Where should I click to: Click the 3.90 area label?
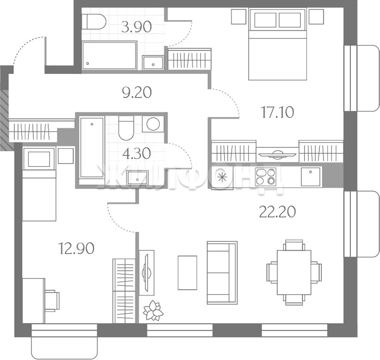[x=137, y=27]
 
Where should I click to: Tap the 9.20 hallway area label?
[x=137, y=92]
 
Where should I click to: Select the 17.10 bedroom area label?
[x=278, y=112]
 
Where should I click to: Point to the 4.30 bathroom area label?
[x=137, y=153]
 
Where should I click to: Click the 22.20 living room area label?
[x=277, y=212]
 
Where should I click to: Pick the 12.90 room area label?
[x=76, y=249]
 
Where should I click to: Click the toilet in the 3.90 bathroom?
[x=94, y=21]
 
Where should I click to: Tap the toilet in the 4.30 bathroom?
[x=126, y=128]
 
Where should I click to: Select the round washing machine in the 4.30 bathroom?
[x=153, y=124]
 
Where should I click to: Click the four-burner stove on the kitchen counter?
[x=266, y=177]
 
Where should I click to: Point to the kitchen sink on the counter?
[x=311, y=177]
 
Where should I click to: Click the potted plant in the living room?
[x=153, y=310]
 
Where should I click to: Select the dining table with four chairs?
[x=294, y=272]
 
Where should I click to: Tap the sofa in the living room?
[x=222, y=273]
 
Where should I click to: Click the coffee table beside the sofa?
[x=187, y=273]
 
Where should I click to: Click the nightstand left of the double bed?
[x=239, y=17]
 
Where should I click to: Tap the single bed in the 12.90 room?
[x=39, y=183]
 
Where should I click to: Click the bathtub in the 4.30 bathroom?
[x=92, y=148]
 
